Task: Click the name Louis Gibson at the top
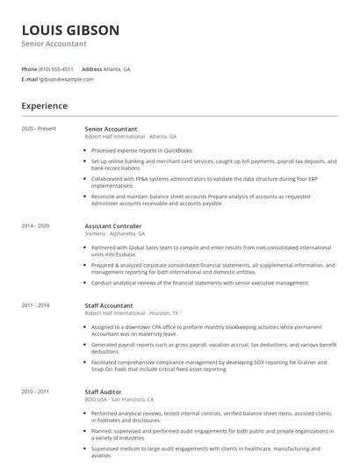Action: pos(70,30)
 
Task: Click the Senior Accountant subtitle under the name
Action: pos(54,44)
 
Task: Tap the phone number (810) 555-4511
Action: pos(57,68)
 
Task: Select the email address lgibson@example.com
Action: pos(67,79)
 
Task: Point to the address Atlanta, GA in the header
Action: pos(117,68)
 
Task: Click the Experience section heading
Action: pos(45,106)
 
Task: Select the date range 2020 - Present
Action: pos(39,129)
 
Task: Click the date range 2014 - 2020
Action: pos(36,226)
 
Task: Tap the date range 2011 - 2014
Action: pos(36,305)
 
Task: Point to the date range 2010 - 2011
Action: pos(36,391)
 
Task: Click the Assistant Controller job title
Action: pos(113,226)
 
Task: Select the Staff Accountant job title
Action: pos(109,305)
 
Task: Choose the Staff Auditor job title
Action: pos(104,391)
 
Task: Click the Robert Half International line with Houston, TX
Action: pos(132,313)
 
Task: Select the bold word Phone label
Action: pos(29,68)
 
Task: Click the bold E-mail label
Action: pos(30,79)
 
